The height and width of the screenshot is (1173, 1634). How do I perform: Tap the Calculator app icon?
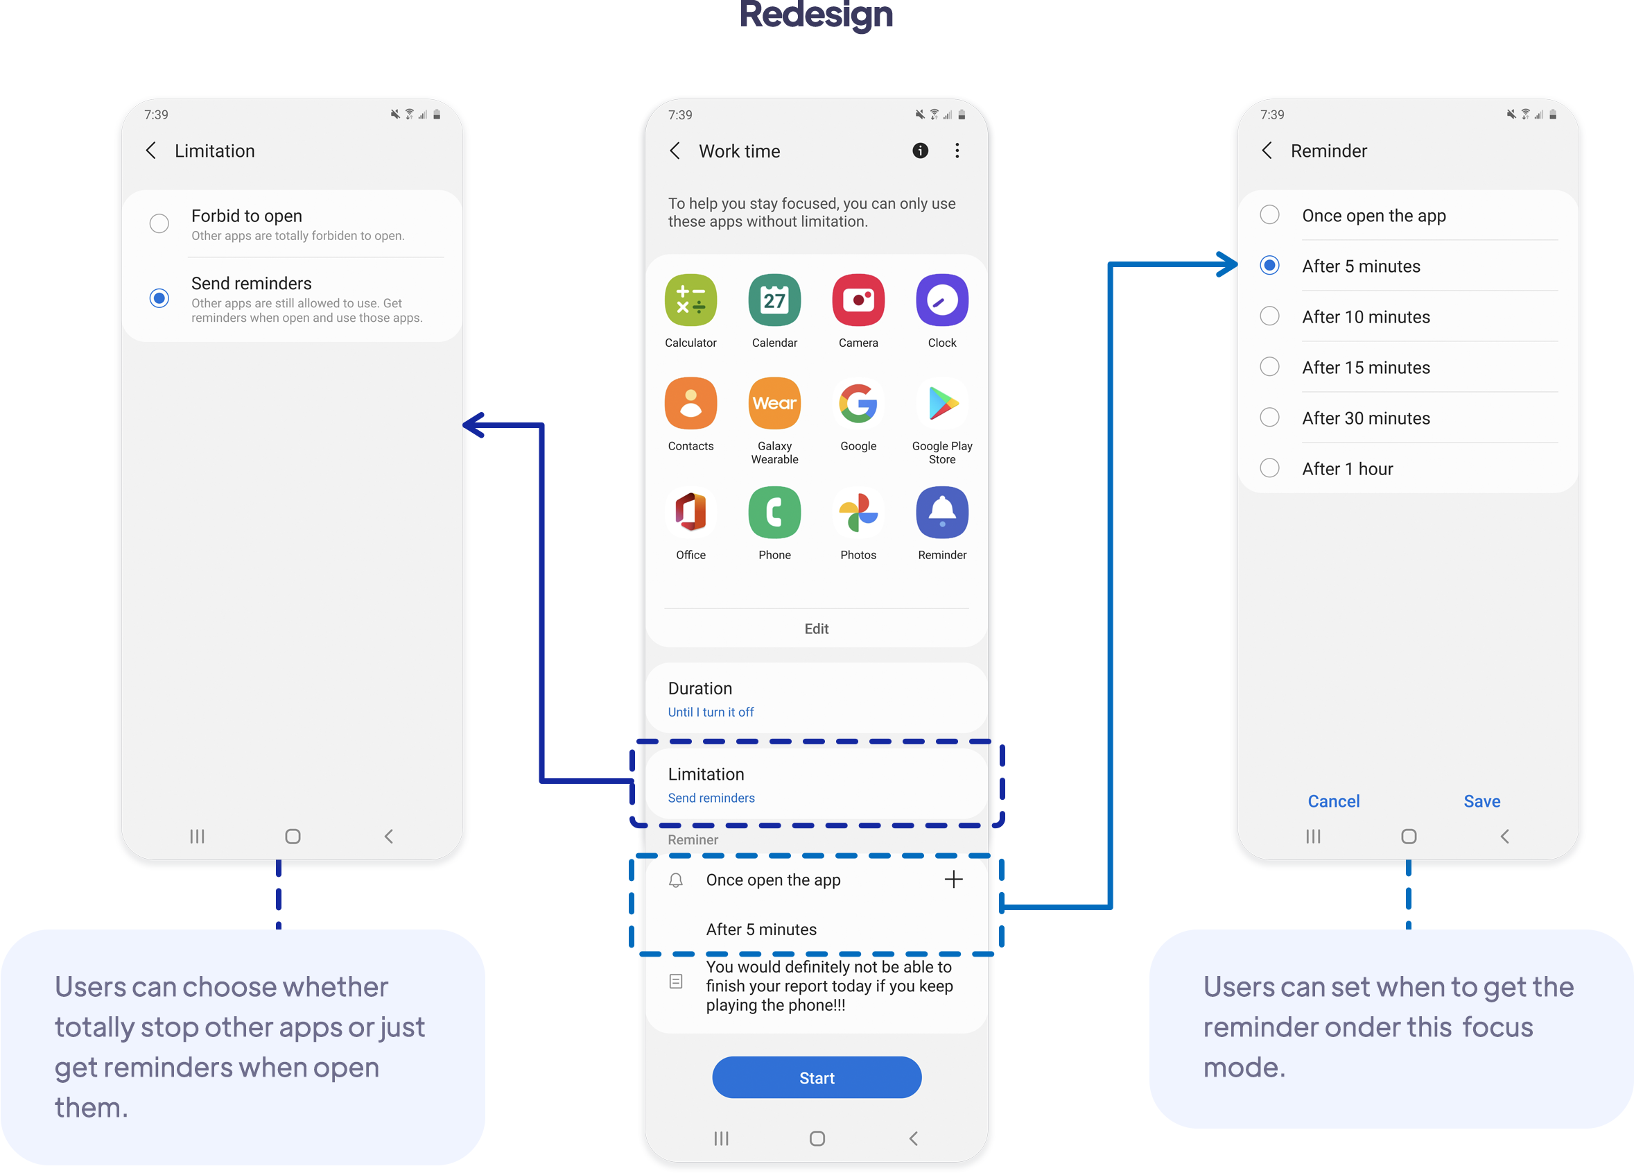690,300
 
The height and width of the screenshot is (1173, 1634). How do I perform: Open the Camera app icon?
858,300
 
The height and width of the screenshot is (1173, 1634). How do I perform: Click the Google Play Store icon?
941,404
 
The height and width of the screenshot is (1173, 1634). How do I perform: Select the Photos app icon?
858,513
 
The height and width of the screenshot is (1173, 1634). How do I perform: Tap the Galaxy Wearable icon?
774,404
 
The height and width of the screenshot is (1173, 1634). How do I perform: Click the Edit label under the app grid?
816,628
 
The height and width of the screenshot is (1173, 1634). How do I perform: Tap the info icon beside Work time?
920,151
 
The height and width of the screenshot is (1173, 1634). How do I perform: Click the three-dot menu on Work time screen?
957,151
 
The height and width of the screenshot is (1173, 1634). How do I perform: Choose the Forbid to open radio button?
159,223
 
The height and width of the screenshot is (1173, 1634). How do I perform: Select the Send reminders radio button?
159,298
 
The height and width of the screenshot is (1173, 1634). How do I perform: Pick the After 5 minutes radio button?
1269,265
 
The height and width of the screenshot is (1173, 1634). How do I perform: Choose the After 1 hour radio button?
1269,468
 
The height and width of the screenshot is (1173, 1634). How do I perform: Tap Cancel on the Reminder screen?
1334,801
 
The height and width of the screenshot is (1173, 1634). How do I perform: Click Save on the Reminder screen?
1481,801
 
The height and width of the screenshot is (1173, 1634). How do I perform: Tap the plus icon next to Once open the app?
953,879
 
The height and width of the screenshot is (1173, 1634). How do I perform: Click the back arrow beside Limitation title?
150,151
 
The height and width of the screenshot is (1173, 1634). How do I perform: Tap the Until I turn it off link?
711,712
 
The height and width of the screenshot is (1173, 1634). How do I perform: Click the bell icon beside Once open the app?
676,880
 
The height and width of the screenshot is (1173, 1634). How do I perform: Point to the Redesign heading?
816,16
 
